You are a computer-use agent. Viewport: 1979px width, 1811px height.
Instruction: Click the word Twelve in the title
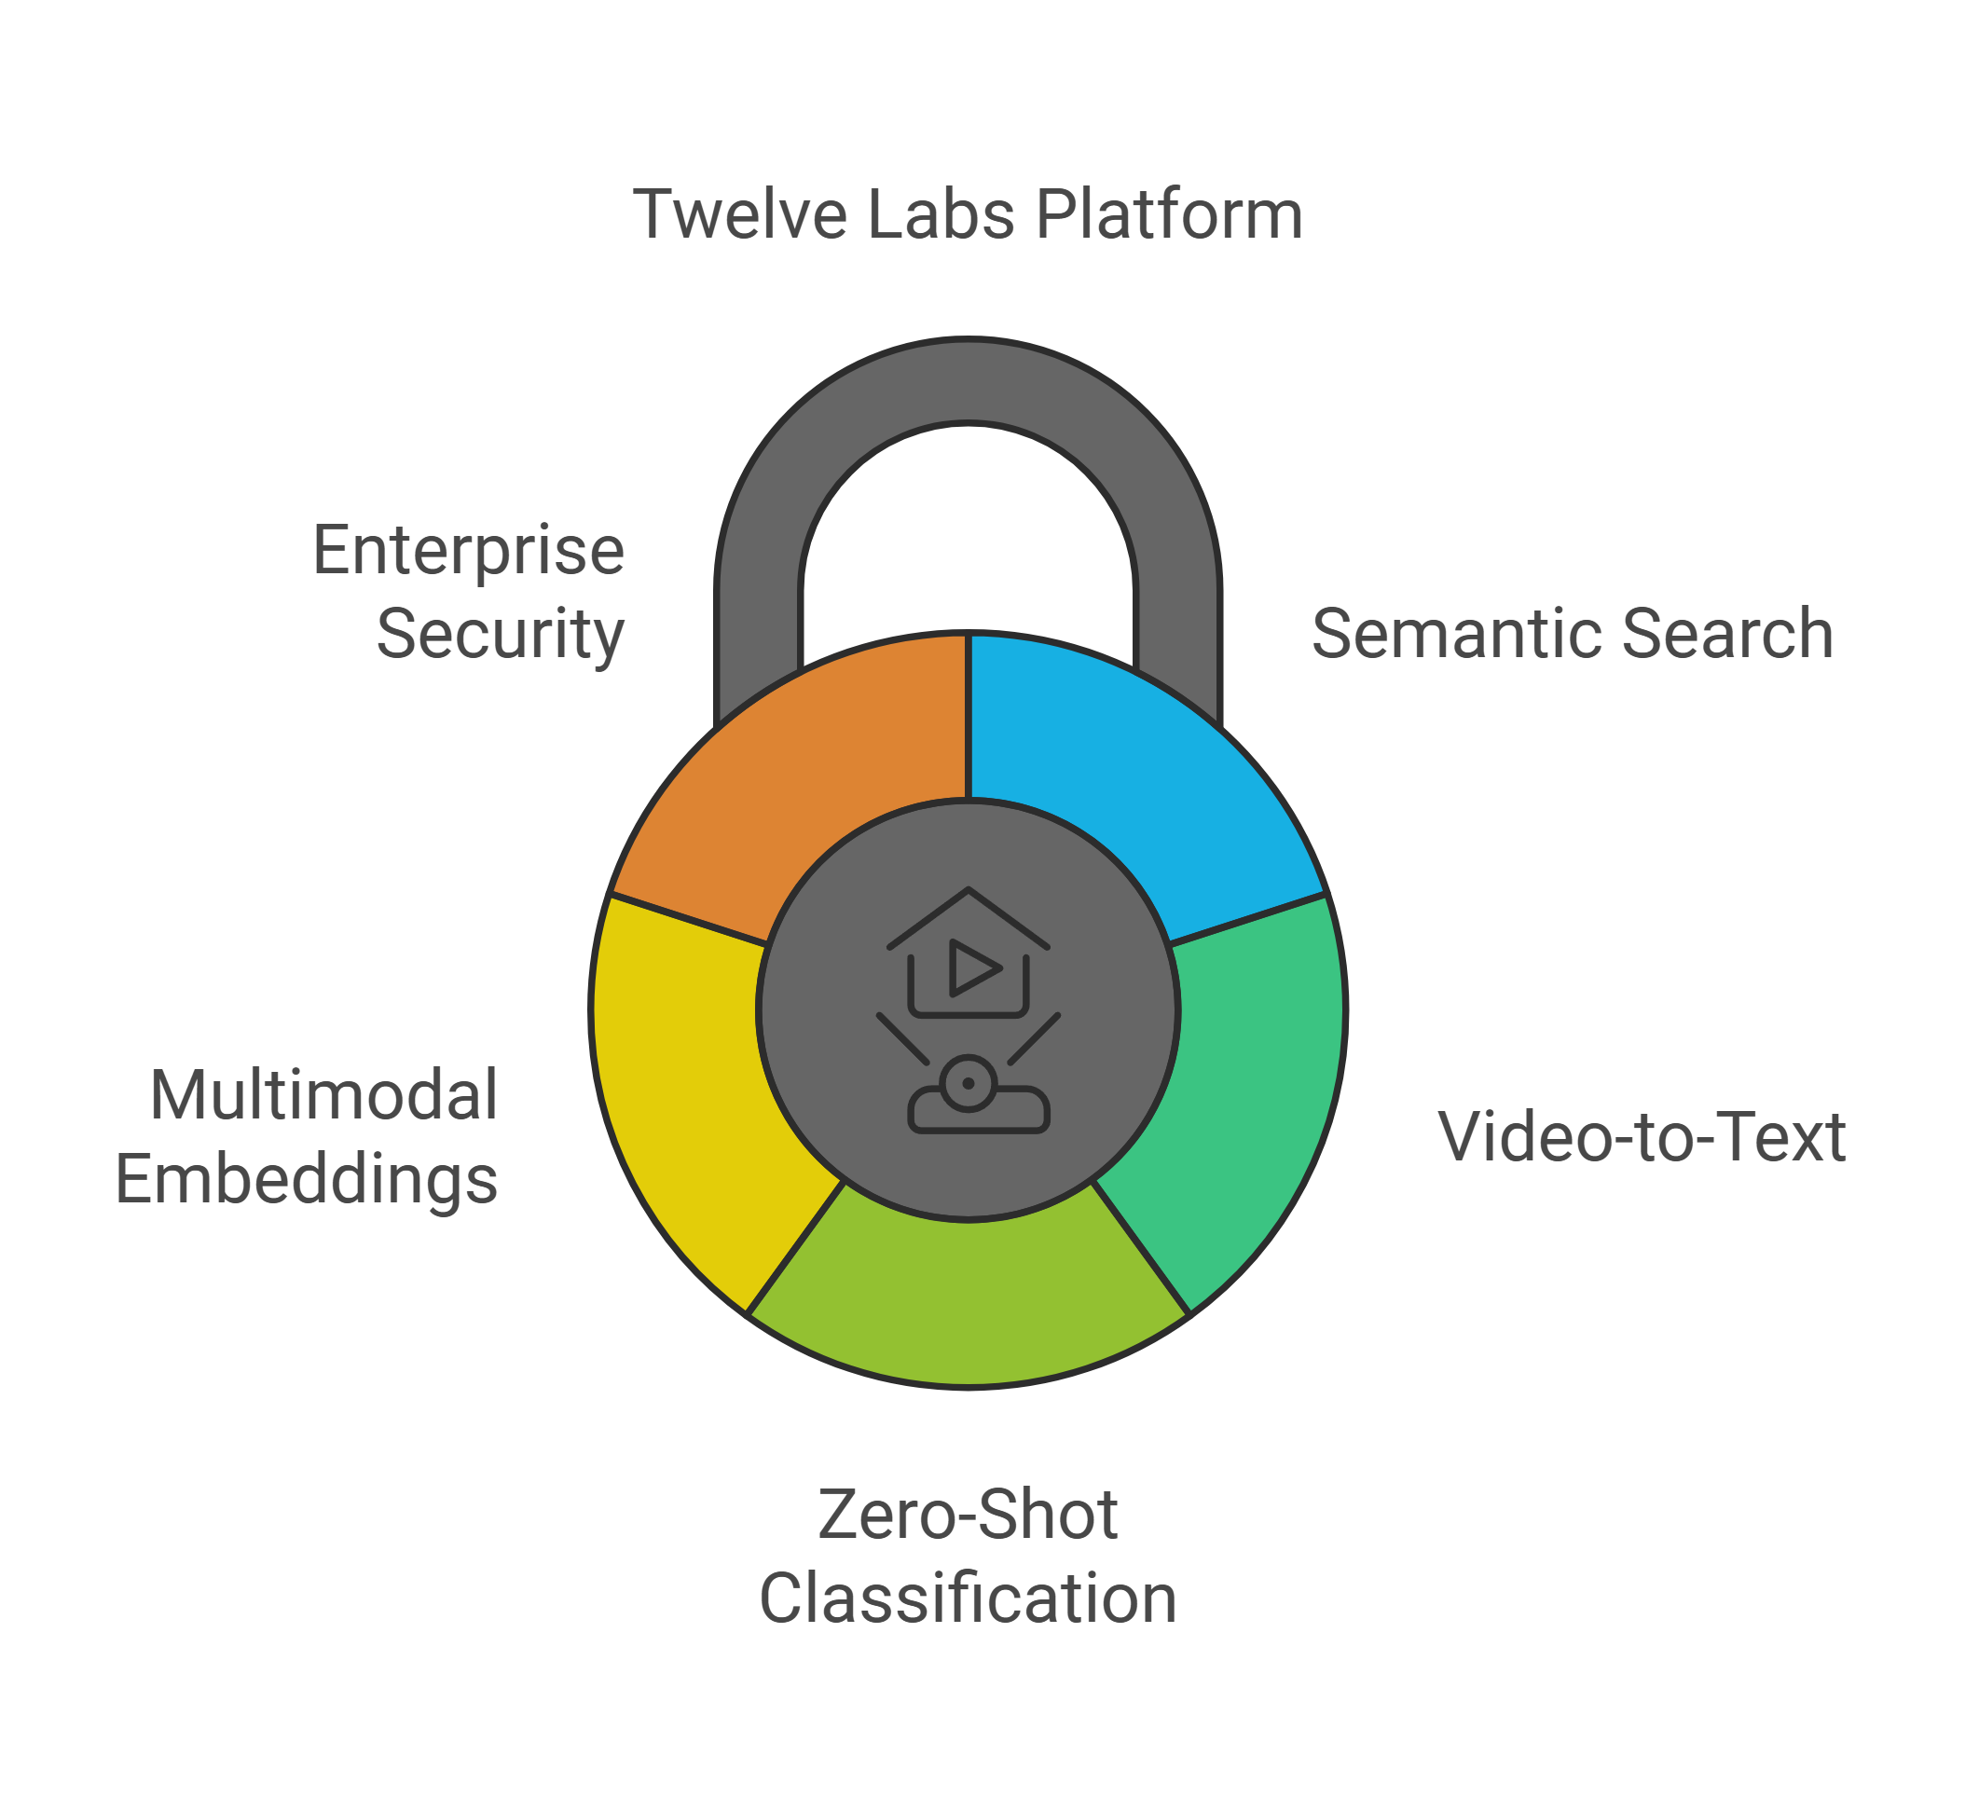(738, 215)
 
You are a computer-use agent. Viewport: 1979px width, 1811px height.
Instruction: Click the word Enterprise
(468, 552)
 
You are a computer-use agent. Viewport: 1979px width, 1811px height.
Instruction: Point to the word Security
(500, 635)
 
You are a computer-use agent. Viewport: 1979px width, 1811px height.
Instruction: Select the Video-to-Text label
(1642, 1137)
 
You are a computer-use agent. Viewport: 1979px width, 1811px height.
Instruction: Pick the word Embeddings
(307, 1180)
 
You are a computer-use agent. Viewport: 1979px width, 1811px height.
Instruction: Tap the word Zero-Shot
(968, 1515)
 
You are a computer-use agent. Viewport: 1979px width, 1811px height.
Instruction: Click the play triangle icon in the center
(972, 967)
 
